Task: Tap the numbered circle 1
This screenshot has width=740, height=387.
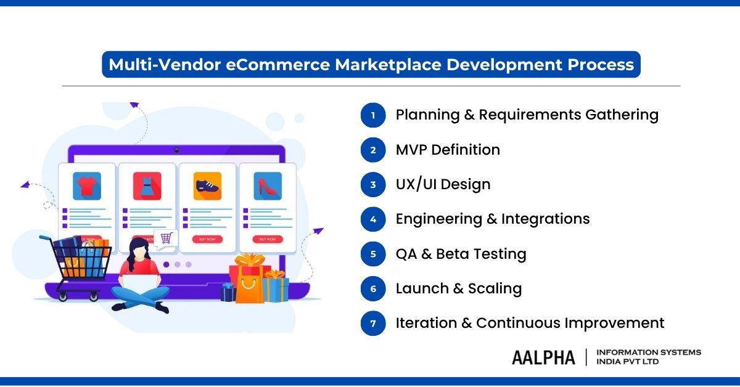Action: pos(373,115)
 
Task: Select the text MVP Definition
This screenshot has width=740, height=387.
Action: pos(448,150)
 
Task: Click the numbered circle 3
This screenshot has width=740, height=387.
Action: pos(373,184)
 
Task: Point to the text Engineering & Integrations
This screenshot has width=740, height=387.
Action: pos(493,219)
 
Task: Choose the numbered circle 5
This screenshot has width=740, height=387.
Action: pos(373,254)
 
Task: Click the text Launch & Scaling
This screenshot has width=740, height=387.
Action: pos(459,288)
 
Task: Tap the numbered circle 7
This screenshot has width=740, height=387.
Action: pos(373,323)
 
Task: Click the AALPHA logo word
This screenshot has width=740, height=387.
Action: pos(543,357)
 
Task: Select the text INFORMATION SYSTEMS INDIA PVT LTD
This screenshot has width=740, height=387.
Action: pos(648,357)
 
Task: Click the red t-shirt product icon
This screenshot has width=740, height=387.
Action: pos(86,185)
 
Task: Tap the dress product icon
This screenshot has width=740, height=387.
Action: pos(147,185)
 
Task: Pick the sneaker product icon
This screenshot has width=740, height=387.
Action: pos(207,185)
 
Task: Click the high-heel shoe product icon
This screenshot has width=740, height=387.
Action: pos(268,185)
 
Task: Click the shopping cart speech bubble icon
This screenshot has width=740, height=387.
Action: pos(166,238)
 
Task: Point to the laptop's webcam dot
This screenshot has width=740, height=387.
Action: pos(176,150)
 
